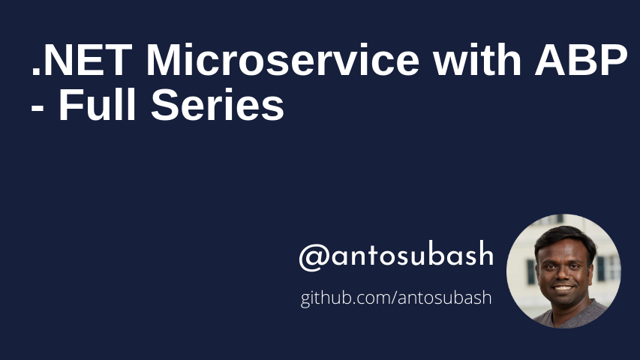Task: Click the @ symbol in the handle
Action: (x=311, y=257)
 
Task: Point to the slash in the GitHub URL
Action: (x=391, y=298)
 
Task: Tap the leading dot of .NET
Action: (x=36, y=73)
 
